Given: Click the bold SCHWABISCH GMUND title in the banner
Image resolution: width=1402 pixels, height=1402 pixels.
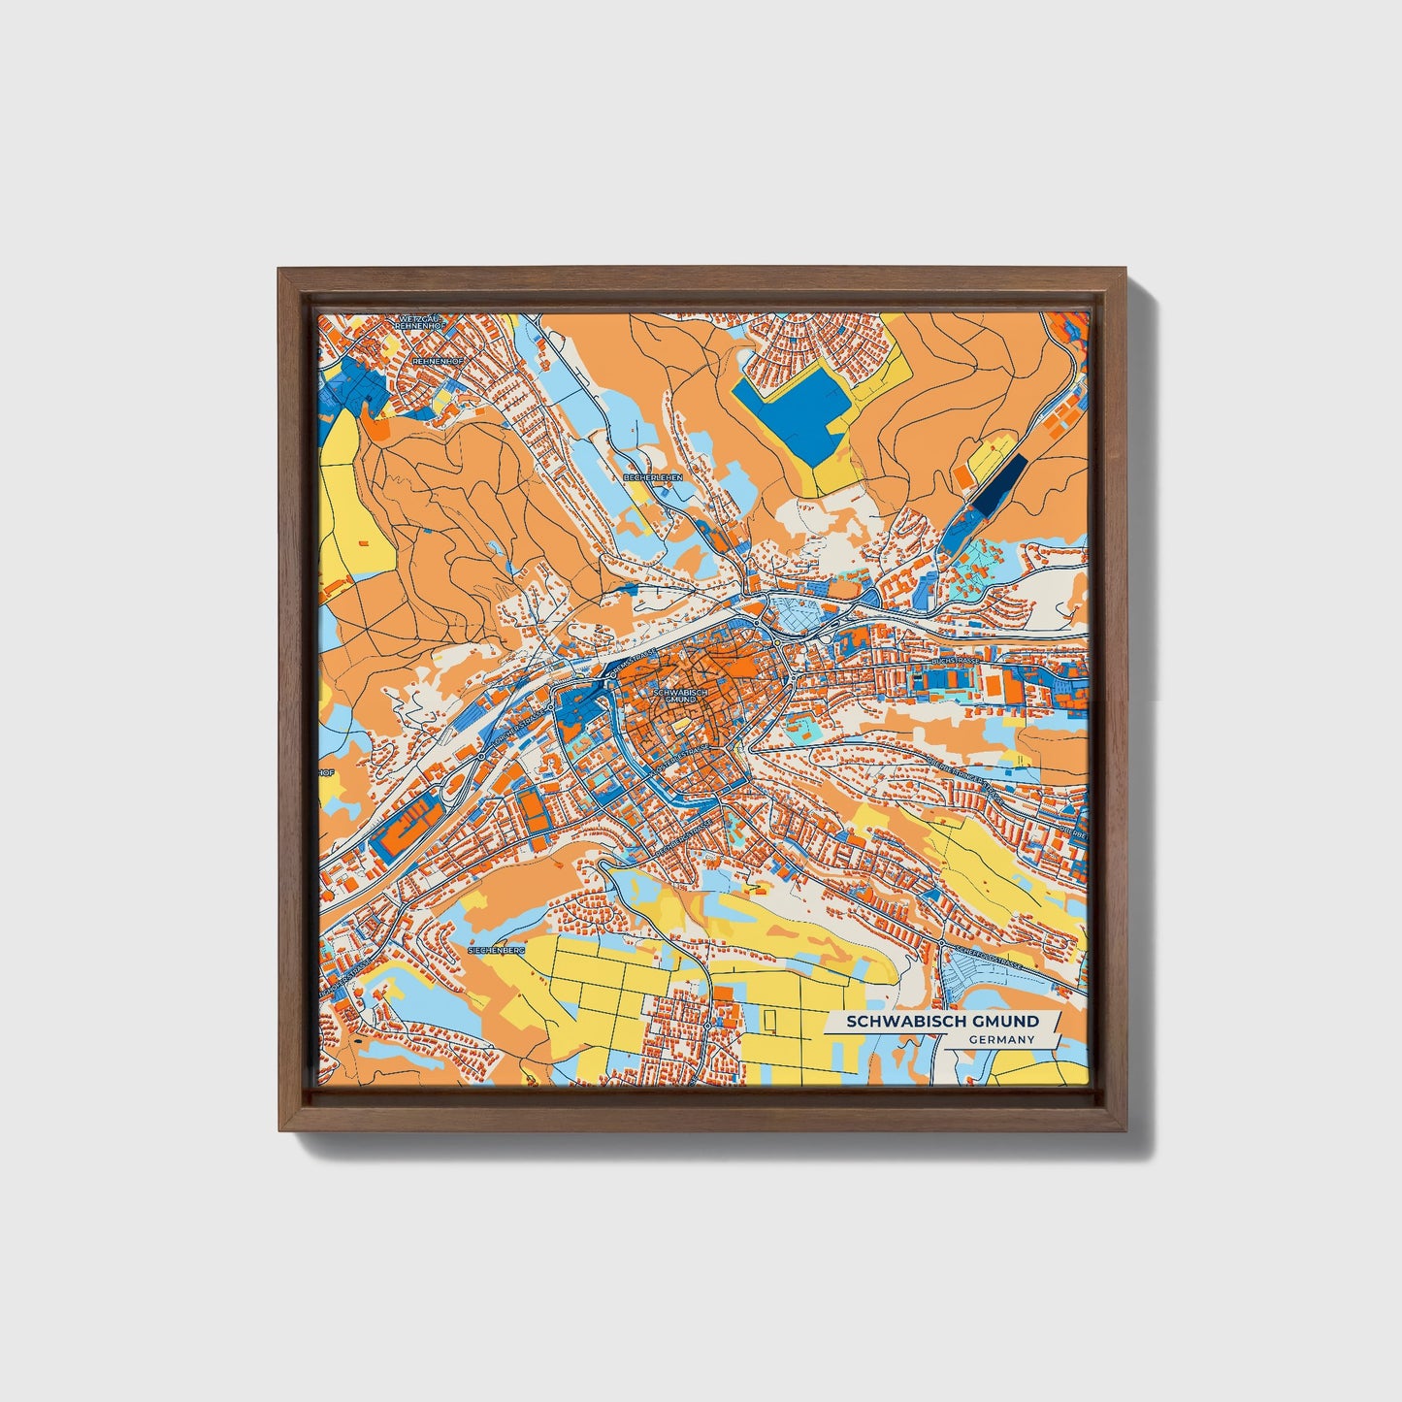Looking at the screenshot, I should [x=942, y=1021].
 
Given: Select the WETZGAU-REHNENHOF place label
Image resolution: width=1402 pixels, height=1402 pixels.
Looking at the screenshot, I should [x=419, y=322].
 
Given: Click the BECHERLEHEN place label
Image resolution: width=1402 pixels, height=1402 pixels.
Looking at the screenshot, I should [x=653, y=478].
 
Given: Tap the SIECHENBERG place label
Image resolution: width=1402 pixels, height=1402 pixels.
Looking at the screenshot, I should [x=496, y=951].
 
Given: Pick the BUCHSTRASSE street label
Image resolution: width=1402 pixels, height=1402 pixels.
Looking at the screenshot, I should [x=956, y=660].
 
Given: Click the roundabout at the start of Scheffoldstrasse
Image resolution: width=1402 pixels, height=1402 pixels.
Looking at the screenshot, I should [x=941, y=943].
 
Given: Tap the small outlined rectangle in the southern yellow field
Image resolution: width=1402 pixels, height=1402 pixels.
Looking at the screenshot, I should [x=770, y=1020].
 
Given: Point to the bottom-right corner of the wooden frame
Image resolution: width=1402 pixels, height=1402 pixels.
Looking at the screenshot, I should [x=1125, y=1129].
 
